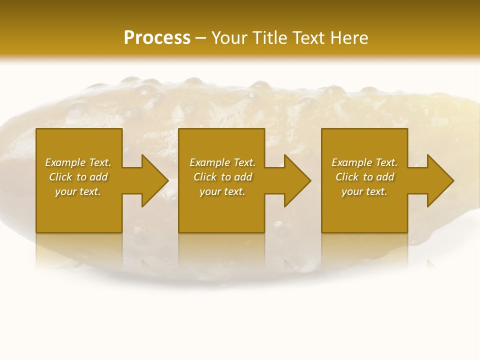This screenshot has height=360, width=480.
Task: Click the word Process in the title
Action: click(157, 38)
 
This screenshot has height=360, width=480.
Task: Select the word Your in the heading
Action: click(228, 38)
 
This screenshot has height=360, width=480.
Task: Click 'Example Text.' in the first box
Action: click(78, 162)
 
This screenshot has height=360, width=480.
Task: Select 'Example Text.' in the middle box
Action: click(222, 162)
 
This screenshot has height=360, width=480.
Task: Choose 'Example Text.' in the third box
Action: click(364, 162)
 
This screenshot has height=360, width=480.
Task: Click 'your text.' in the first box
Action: click(78, 191)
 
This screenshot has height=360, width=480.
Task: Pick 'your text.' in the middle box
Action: click(222, 191)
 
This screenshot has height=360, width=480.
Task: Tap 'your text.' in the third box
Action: click(364, 191)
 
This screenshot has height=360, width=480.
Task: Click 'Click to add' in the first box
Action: click(78, 177)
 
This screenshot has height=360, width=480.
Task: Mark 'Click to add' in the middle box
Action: click(222, 177)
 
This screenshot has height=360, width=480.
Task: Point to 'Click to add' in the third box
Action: click(364, 177)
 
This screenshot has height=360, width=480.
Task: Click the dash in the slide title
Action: click(200, 38)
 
